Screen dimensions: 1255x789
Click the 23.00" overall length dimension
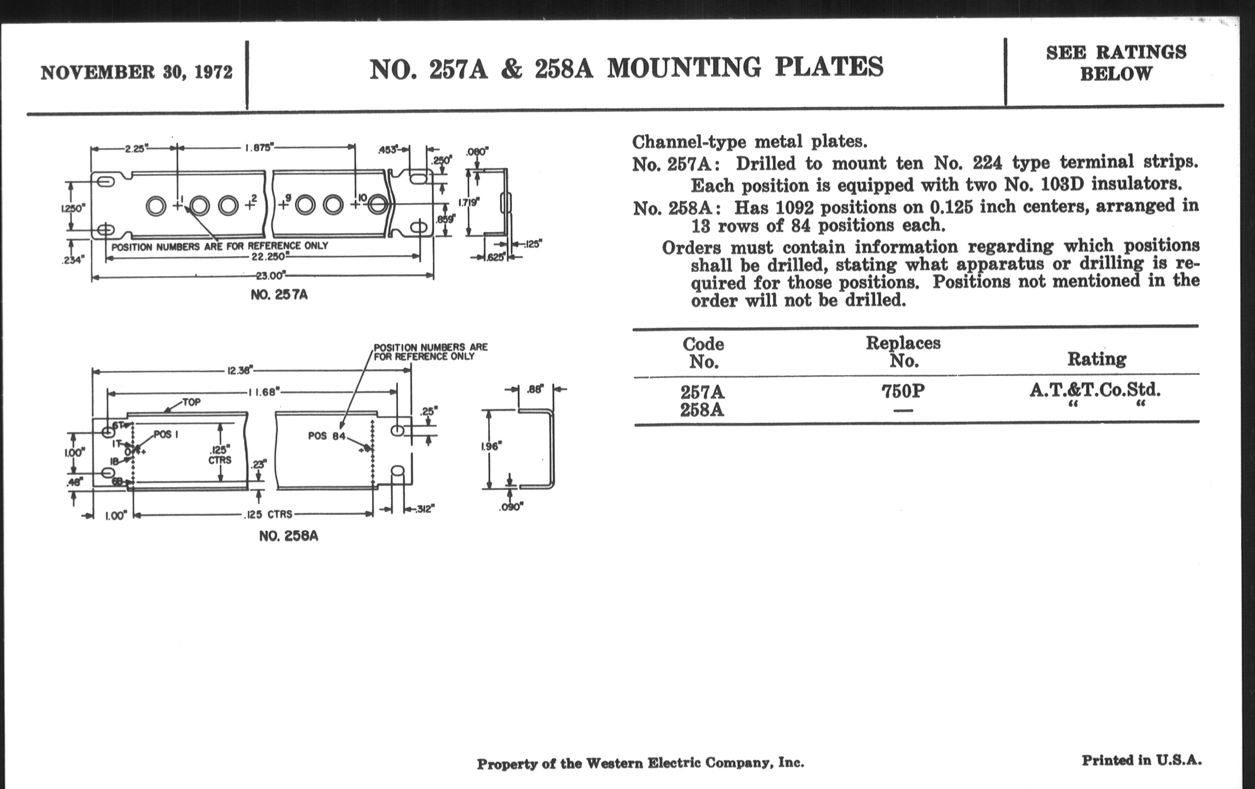pos(270,276)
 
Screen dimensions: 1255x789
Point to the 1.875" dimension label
pos(259,148)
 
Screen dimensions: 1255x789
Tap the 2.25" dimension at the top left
pos(136,149)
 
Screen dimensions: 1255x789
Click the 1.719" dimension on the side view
pos(469,202)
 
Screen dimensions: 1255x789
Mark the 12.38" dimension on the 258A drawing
pos(240,370)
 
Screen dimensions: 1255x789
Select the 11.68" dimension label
pos(265,392)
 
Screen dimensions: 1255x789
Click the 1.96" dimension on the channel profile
pos(490,446)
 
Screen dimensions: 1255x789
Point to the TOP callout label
pos(191,402)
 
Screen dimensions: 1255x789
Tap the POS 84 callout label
pos(327,435)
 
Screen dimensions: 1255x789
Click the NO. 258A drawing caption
pos(289,536)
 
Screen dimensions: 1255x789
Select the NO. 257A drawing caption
pos(279,295)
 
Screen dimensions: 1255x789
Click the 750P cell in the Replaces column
pos(903,391)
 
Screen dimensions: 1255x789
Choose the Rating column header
pos(1097,359)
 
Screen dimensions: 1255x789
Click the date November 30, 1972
pos(137,72)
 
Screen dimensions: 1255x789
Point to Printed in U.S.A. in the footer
pos(1141,761)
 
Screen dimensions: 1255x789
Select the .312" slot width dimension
pos(424,509)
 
